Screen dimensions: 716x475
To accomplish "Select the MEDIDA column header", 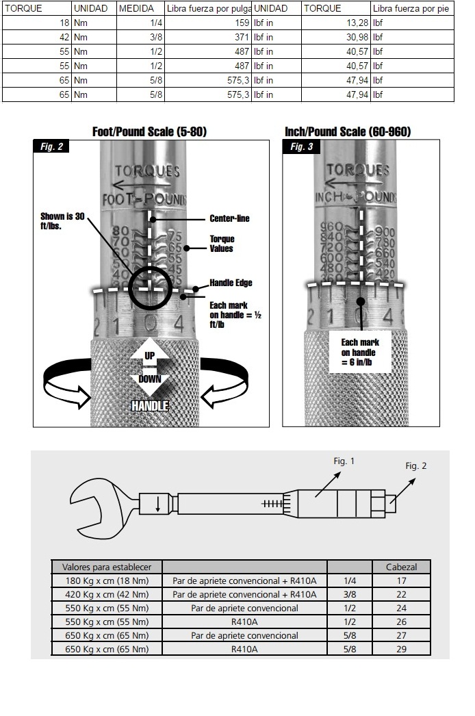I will click(136, 9).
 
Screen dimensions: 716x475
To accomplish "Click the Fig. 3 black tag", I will click(300, 146).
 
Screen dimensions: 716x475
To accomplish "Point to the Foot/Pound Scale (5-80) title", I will click(149, 131).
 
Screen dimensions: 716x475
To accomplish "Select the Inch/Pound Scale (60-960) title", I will click(348, 131).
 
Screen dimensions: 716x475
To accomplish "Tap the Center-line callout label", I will click(229, 219).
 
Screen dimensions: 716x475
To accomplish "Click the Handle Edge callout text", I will click(231, 283).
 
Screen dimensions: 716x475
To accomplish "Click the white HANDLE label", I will click(150, 406).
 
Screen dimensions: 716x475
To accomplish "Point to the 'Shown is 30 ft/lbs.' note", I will click(62, 220).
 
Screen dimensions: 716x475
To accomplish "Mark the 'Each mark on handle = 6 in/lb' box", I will click(360, 352).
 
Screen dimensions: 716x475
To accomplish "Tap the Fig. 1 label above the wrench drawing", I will click(344, 461).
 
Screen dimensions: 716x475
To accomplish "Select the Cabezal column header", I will click(402, 567).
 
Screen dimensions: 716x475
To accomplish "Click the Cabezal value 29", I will click(402, 649).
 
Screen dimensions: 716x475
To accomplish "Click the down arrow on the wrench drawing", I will click(158, 505).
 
